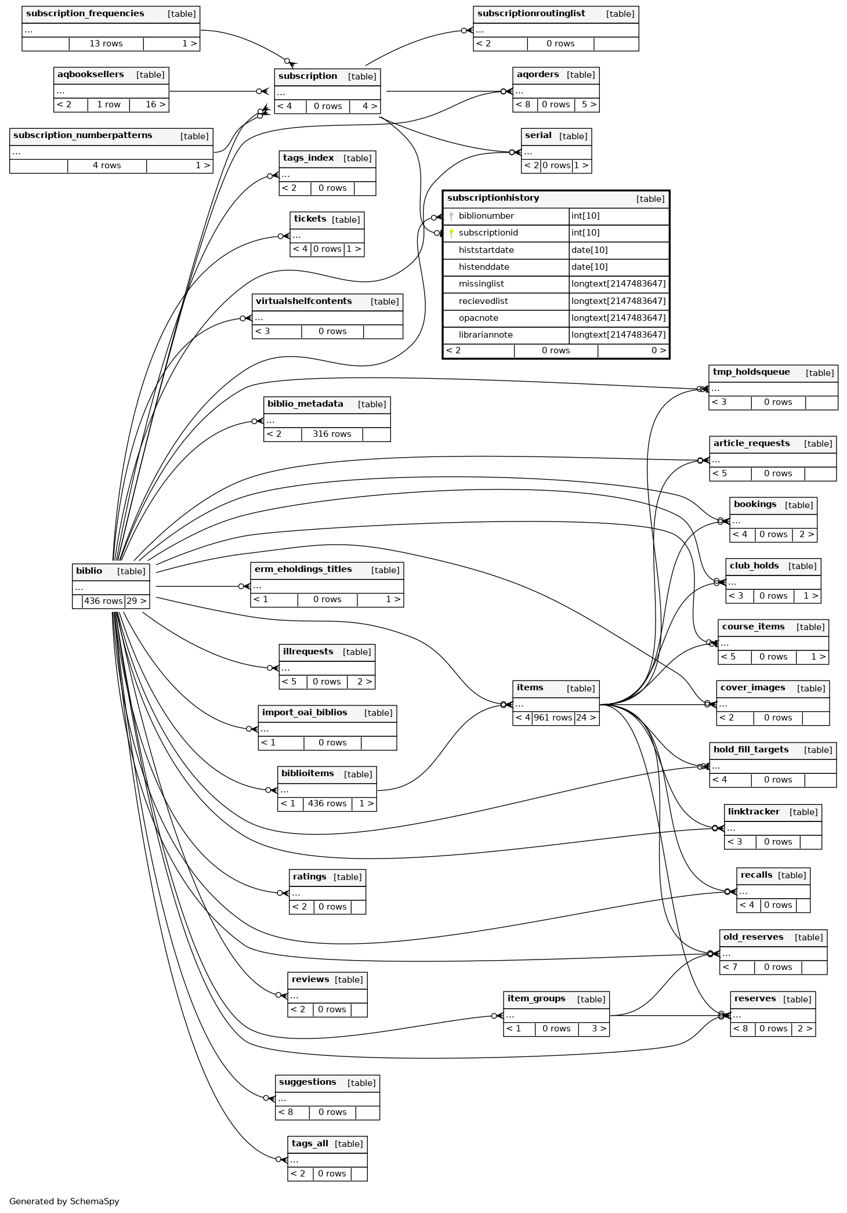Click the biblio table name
click(89, 571)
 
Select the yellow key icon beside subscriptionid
click(451, 233)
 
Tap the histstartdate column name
click(486, 250)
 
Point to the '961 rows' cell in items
click(553, 718)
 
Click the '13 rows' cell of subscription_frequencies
click(106, 44)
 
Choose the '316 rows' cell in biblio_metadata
click(332, 434)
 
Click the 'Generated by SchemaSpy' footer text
click(64, 1201)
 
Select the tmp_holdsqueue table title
click(751, 372)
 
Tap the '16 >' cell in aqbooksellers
click(155, 104)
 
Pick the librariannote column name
click(486, 335)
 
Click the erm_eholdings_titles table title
click(303, 569)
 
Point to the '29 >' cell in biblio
click(136, 601)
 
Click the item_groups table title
click(536, 998)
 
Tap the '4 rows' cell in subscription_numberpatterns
click(107, 165)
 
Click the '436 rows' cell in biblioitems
click(327, 803)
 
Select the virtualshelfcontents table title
click(303, 301)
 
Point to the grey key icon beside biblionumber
click(451, 216)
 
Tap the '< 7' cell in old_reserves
click(730, 967)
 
